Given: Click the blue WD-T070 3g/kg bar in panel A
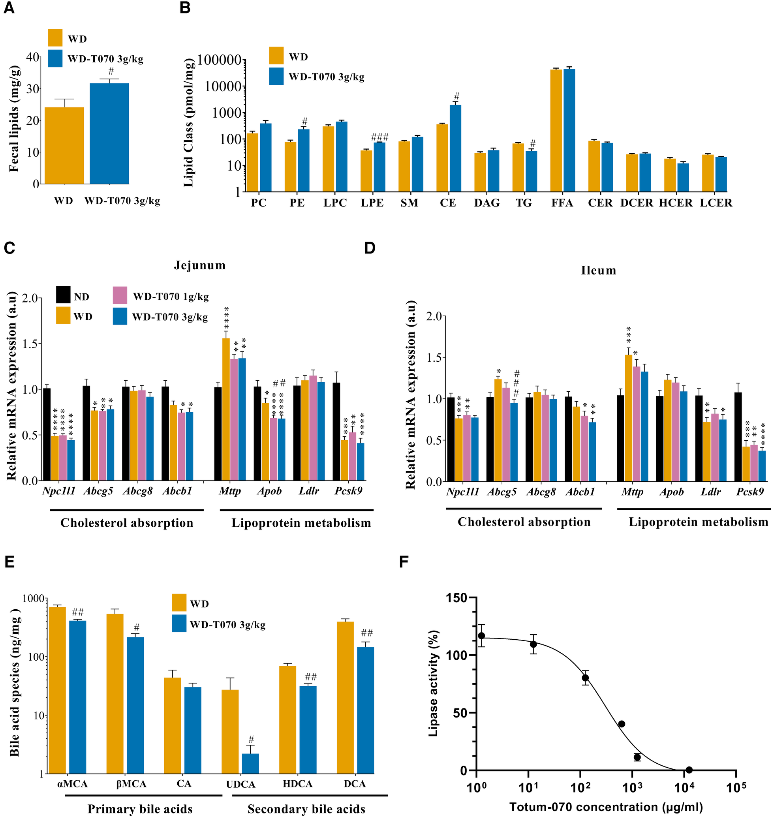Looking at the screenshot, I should point(109,134).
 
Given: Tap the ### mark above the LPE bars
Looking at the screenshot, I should point(379,137).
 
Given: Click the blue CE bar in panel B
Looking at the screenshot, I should point(456,148).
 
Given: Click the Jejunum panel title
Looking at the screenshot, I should point(199,265).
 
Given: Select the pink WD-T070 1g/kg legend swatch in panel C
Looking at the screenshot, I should point(120,295).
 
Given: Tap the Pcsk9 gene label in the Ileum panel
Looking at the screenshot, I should point(750,492).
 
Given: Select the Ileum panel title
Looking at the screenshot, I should point(598,270).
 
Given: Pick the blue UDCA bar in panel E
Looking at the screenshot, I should point(250,763).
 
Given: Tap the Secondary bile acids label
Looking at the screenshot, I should point(306,809).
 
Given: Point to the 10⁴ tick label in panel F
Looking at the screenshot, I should point(684,789).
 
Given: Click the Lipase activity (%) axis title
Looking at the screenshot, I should point(433,683).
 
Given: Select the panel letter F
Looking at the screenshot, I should point(404,562).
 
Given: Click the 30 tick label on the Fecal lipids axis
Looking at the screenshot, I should point(33,89).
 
